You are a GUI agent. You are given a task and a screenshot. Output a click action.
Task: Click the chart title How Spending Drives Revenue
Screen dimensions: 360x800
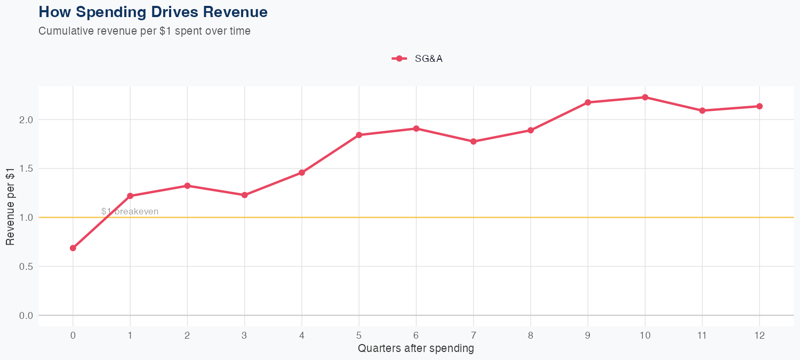tap(153, 12)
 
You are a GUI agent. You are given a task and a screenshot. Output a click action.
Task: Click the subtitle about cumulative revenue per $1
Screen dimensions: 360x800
tap(145, 31)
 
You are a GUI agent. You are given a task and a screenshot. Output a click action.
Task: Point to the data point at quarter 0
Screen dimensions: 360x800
tap(73, 248)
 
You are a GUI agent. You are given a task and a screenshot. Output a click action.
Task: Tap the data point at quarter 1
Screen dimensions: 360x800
tap(130, 196)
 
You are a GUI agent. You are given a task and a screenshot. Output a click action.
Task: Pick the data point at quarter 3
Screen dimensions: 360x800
tap(245, 195)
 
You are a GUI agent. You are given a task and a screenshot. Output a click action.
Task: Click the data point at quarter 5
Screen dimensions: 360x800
tap(359, 135)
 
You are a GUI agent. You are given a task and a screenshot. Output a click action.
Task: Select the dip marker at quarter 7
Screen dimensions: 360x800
tap(474, 141)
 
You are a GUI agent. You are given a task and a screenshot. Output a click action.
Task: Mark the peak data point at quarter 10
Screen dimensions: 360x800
tap(645, 97)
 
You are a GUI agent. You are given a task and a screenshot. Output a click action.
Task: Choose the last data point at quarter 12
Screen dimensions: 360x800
tap(759, 106)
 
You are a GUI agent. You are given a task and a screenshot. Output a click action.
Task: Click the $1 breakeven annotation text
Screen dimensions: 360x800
tap(130, 212)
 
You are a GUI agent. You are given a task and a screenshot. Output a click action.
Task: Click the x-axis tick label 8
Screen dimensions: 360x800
tap(531, 335)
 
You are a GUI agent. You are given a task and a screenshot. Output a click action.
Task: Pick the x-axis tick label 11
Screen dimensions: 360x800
tap(702, 335)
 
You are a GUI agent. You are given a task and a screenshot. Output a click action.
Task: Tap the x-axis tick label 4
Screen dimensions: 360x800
tap(302, 335)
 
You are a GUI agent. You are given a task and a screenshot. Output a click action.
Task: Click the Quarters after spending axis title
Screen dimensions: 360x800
tap(416, 349)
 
